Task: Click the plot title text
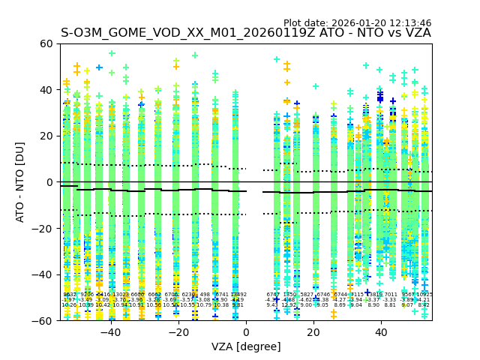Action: [245, 33]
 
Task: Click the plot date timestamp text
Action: [357, 23]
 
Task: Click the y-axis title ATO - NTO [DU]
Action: [20, 182]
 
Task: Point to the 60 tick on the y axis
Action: [46, 43]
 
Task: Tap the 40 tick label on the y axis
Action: [46, 90]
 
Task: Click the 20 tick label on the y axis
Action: [46, 136]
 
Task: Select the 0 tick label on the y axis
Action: [49, 182]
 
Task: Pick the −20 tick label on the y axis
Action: [43, 228]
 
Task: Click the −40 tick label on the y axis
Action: [43, 274]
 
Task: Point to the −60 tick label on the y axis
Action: [43, 320]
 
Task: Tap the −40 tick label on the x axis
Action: [110, 331]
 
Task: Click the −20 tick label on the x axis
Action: [178, 331]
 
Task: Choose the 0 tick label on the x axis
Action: [246, 331]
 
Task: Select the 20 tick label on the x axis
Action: [313, 331]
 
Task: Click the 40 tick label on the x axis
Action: [381, 331]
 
